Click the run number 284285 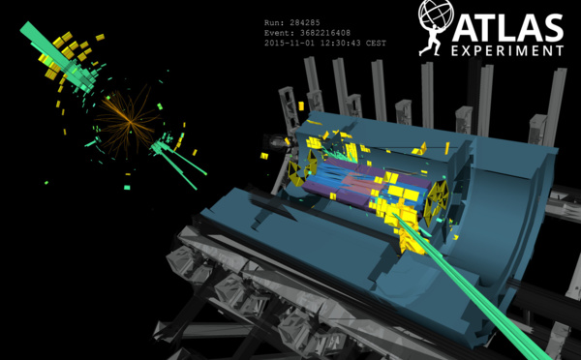305,23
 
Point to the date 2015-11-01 290,43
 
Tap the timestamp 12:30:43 340,43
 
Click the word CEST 376,43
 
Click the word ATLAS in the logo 507,28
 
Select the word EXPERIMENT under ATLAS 507,50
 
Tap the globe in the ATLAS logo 436,15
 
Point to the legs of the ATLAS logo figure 429,47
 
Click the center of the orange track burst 130,121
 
